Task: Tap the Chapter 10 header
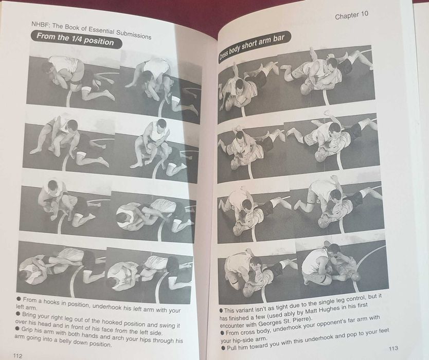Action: [355, 16]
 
